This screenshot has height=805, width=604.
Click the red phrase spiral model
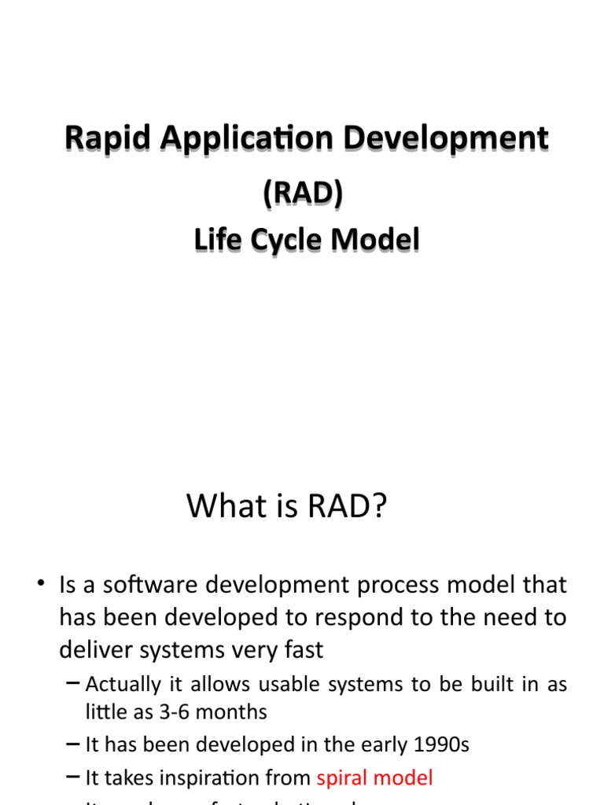point(374,778)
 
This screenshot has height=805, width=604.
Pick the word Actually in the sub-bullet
point(121,684)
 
